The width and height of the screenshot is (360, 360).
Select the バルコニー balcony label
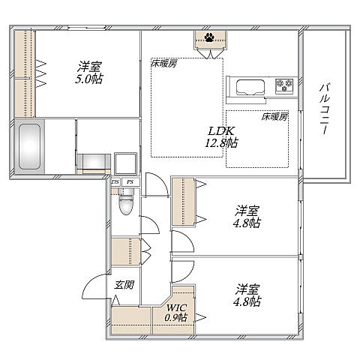[x=324, y=108]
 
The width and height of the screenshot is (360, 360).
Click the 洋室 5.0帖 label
[x=88, y=70]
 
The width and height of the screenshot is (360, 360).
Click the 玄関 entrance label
[x=124, y=285]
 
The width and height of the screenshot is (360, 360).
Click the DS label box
[x=115, y=181]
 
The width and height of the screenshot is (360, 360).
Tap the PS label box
[x=129, y=181]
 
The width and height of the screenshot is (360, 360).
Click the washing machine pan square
[x=124, y=162]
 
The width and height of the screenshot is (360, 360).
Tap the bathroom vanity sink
[x=93, y=161]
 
